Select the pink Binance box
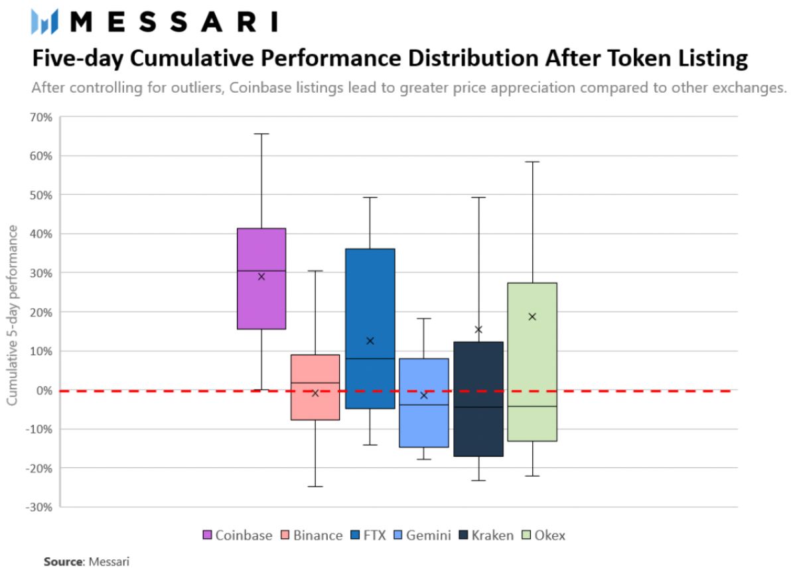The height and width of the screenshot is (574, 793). (x=315, y=404)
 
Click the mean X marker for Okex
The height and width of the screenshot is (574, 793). (x=532, y=317)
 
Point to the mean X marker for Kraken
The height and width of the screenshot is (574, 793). (x=478, y=329)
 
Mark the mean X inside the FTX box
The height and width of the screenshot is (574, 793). (x=370, y=341)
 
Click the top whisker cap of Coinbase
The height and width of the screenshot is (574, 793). (x=261, y=134)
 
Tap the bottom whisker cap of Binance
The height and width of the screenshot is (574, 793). (x=315, y=487)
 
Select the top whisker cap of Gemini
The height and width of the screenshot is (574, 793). (x=424, y=319)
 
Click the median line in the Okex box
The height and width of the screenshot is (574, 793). (x=532, y=406)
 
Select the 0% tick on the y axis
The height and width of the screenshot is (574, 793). (x=44, y=390)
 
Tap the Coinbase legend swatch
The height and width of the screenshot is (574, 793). (x=206, y=535)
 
